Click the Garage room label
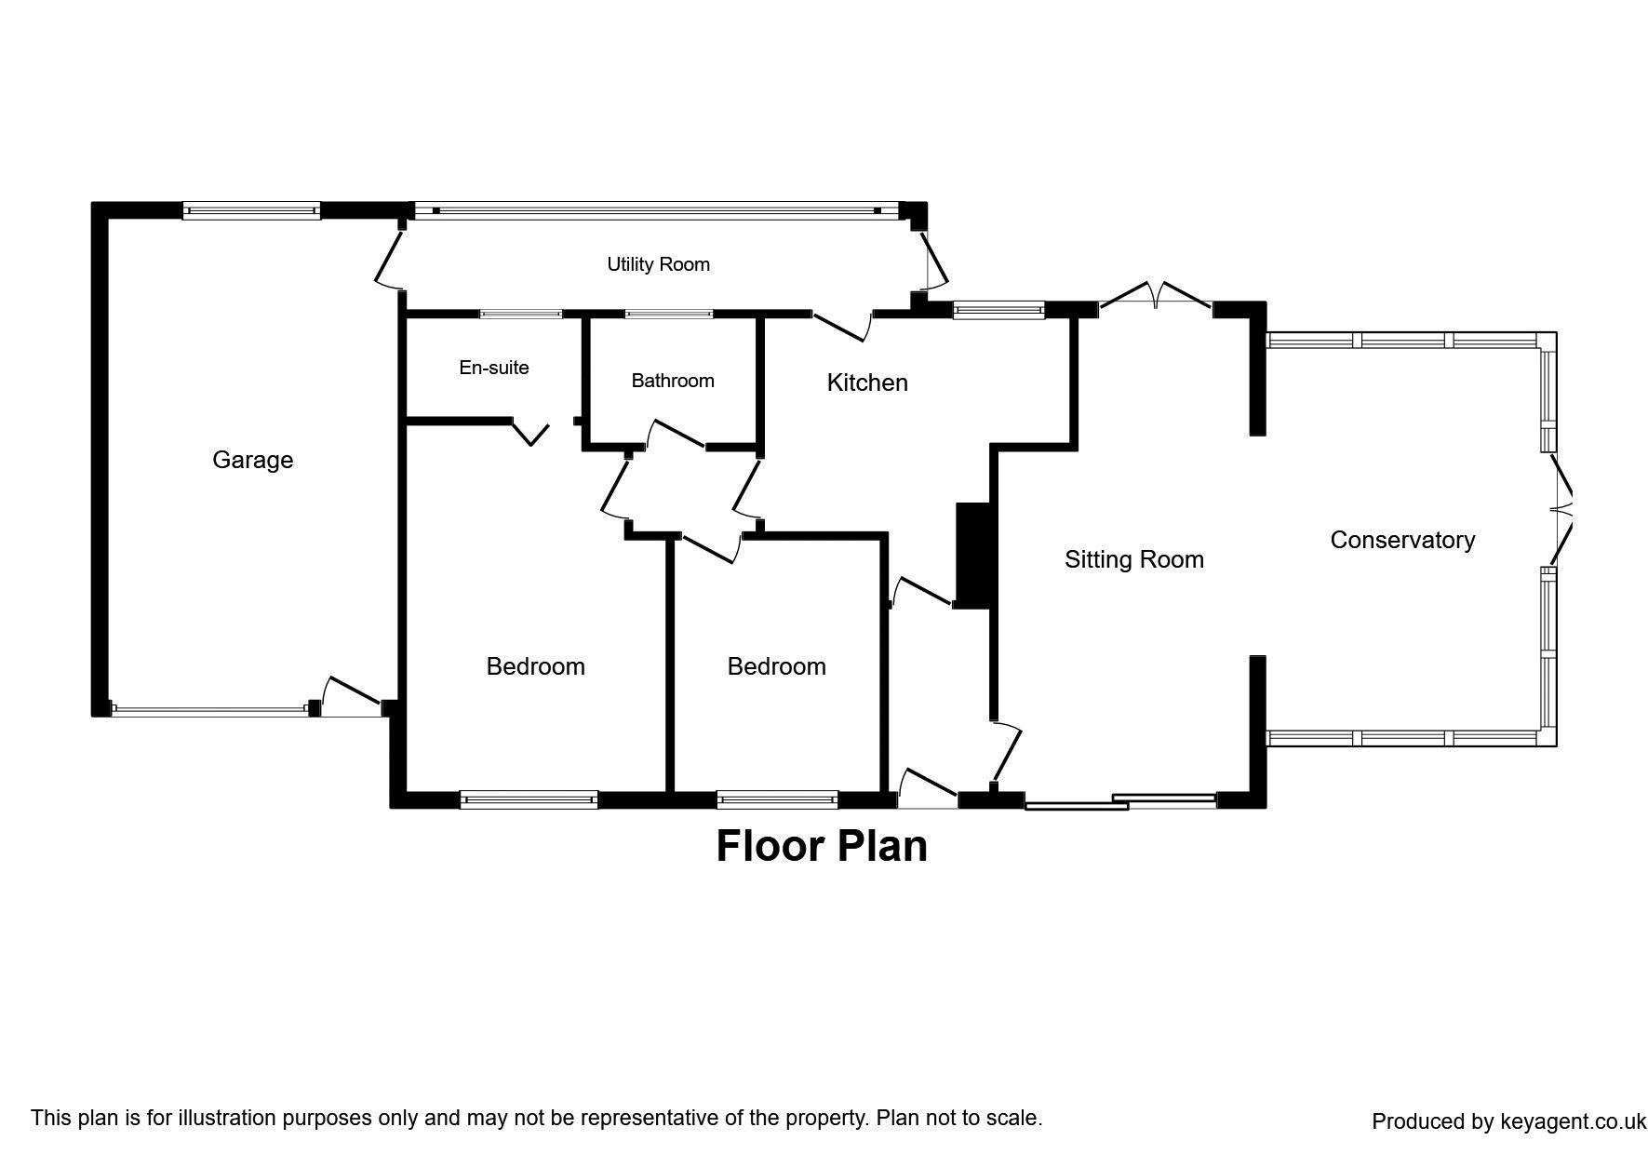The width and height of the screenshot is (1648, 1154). (x=252, y=460)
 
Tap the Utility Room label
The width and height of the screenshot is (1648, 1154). (x=658, y=264)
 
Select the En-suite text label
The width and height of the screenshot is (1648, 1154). (x=493, y=368)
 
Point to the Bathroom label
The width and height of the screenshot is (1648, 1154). (x=672, y=381)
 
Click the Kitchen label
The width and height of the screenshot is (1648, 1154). (x=867, y=382)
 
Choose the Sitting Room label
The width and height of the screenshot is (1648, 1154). (x=1133, y=559)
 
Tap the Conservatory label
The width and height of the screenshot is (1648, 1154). (x=1401, y=540)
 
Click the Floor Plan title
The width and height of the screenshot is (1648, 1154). (x=822, y=846)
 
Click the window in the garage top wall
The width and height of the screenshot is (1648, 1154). (x=251, y=210)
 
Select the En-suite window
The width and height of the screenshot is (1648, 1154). (x=521, y=314)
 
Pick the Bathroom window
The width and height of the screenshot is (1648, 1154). (x=668, y=314)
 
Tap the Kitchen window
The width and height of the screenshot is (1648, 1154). (x=998, y=311)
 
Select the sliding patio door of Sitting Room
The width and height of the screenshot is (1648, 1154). (x=1121, y=801)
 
